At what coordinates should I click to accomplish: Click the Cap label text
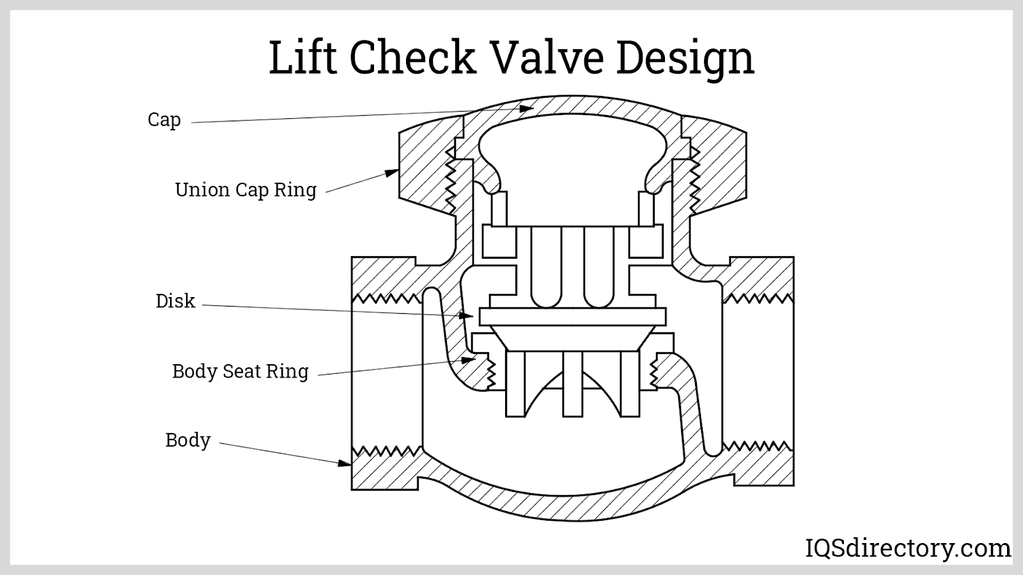[x=164, y=120]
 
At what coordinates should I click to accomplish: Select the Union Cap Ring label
[x=246, y=190]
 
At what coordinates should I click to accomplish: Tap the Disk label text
[x=175, y=301]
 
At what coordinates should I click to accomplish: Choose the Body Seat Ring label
[x=240, y=371]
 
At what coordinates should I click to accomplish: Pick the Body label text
[x=188, y=440]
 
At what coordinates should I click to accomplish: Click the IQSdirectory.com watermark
[x=907, y=548]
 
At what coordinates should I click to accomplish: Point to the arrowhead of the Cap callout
[x=528, y=108]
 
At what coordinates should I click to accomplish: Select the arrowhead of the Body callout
[x=345, y=462]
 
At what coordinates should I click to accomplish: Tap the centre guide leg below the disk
[x=573, y=384]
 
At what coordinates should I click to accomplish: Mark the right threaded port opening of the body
[x=758, y=371]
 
